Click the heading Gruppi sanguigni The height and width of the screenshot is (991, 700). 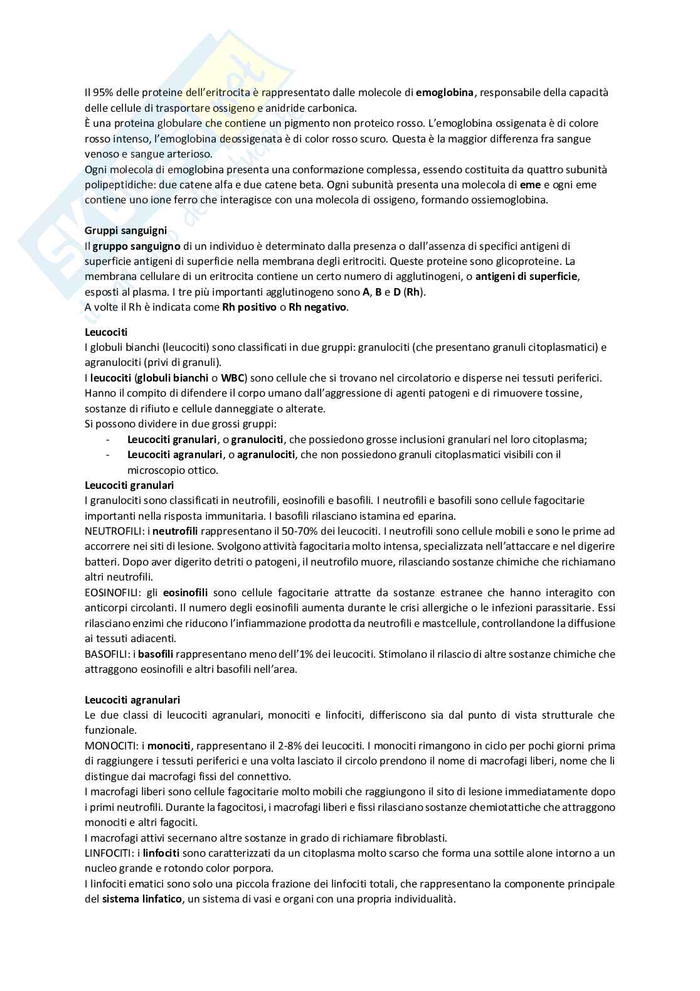click(125, 230)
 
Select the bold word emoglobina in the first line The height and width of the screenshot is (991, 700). click(445, 92)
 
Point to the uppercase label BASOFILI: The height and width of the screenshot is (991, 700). click(107, 654)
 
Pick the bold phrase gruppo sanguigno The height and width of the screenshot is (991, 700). click(136, 246)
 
